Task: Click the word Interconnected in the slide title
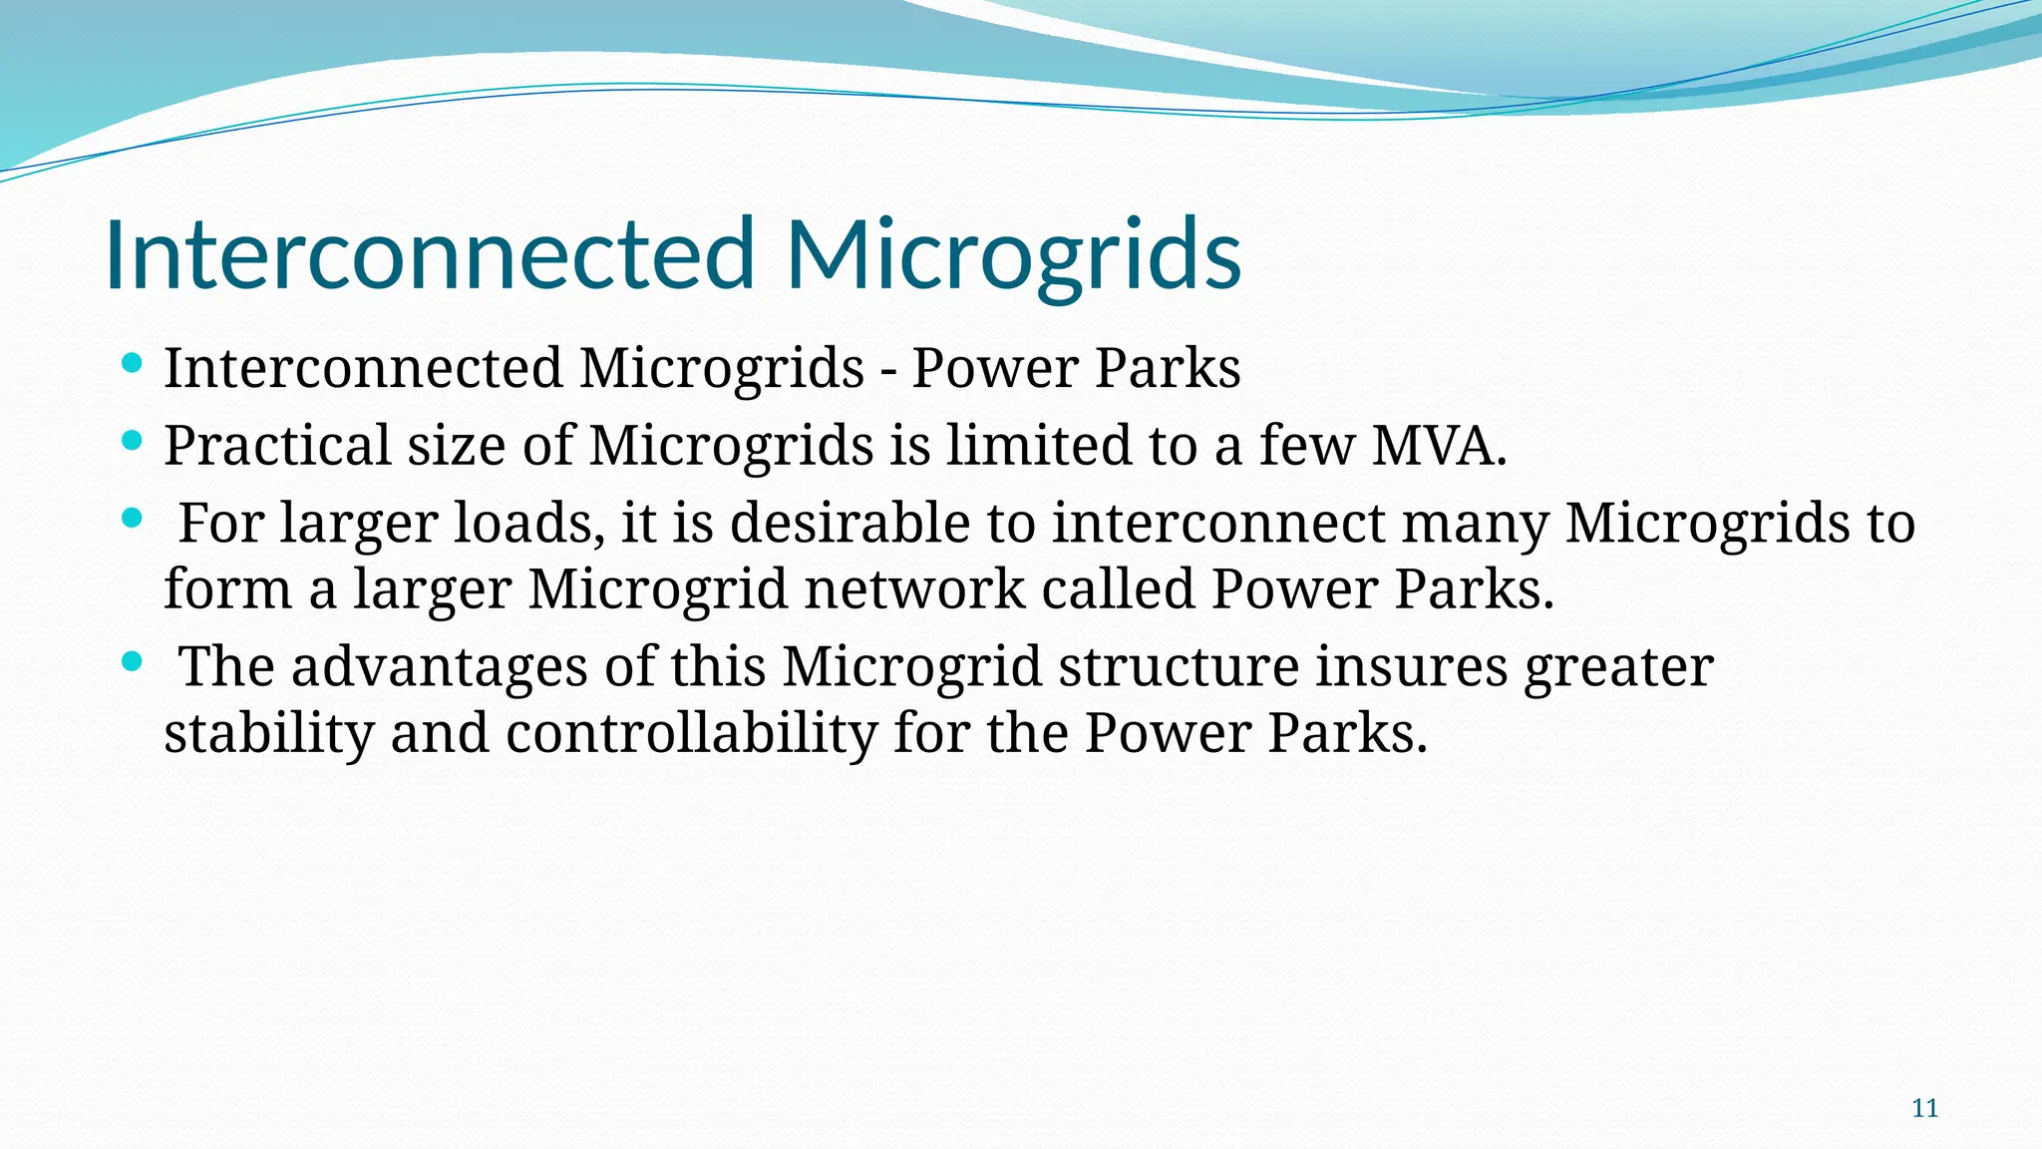tap(430, 254)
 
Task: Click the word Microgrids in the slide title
tap(1013, 254)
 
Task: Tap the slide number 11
tap(1924, 1108)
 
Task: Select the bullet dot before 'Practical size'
tap(132, 441)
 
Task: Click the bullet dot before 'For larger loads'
tap(132, 519)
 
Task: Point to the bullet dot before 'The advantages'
tap(132, 662)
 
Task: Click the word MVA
tap(1439, 445)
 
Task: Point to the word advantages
tap(439, 666)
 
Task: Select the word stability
tap(269, 733)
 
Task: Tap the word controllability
tap(691, 733)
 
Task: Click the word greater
tap(1618, 666)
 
